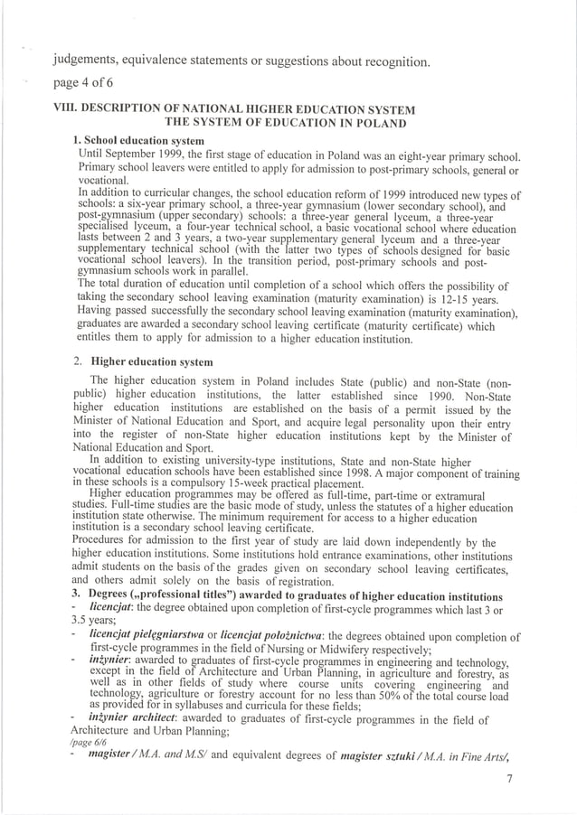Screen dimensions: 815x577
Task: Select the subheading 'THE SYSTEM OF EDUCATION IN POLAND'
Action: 284,124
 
